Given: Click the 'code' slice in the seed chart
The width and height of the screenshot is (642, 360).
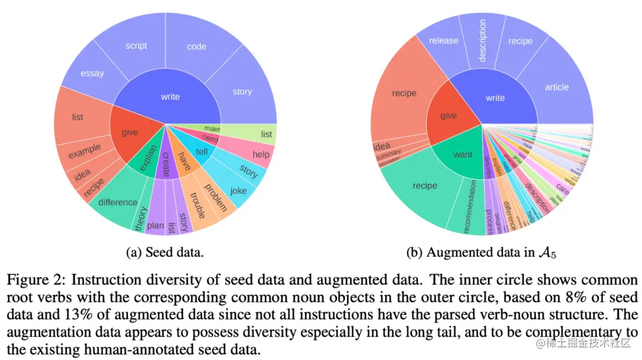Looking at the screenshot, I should coord(197,46).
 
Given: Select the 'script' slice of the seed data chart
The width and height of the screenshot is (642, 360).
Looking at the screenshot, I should coord(136,46).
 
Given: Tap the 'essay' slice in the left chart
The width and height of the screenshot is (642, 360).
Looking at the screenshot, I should coord(92,73).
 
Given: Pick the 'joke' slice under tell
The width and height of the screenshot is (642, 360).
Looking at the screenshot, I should coord(238,191).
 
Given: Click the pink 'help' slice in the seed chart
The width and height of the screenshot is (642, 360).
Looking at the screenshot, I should coord(260,154).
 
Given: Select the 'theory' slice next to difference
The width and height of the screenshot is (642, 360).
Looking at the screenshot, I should coord(141,217).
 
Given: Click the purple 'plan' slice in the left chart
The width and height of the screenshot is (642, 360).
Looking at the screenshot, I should coord(155,225).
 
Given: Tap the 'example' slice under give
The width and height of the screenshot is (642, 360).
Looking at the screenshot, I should coord(84,151).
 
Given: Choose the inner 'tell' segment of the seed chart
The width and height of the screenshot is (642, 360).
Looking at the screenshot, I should coord(202,151).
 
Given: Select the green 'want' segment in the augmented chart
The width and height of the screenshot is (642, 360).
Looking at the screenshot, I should coord(462,155).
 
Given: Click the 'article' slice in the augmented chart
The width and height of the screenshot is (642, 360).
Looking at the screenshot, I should coord(556,87).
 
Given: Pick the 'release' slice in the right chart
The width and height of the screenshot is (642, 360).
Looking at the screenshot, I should coord(443,40).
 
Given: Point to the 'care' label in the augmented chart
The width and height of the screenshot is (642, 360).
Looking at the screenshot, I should coord(562,192).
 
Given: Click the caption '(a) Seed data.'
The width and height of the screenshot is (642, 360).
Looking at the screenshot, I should coord(165,252).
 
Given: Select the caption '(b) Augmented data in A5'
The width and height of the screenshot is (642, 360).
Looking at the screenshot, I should coord(481,252).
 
